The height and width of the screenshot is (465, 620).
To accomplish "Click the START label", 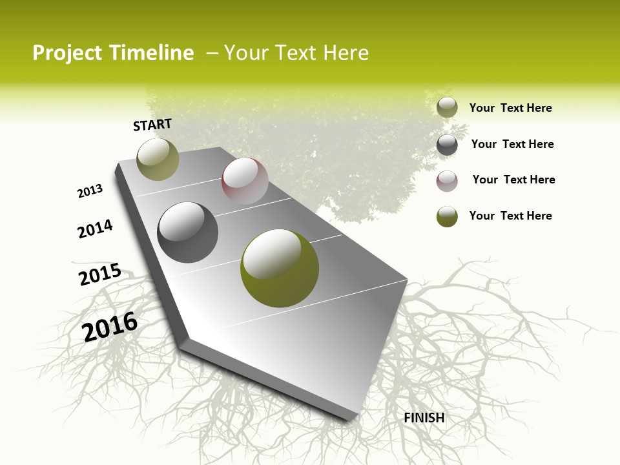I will pyautogui.click(x=152, y=125).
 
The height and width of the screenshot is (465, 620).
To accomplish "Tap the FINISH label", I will pyautogui.click(x=424, y=418).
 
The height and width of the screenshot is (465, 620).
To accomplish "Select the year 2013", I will pyautogui.click(x=90, y=191).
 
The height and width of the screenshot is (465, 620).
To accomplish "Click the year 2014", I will pyautogui.click(x=95, y=229).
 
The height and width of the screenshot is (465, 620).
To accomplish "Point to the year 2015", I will pyautogui.click(x=100, y=274).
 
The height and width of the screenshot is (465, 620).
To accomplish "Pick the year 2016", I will pyautogui.click(x=110, y=326).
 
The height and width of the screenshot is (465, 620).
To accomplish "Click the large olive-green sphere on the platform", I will pyautogui.click(x=280, y=268).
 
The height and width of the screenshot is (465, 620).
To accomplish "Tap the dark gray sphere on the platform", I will pyautogui.click(x=188, y=232).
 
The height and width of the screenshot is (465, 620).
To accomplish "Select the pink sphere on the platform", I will pyautogui.click(x=245, y=181).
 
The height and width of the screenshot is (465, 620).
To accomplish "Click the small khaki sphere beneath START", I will pyautogui.click(x=158, y=159).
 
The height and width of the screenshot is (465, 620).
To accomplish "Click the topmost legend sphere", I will pyautogui.click(x=447, y=108).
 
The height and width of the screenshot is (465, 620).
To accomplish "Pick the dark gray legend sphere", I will pyautogui.click(x=447, y=145).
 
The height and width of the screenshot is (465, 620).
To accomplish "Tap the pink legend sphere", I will pyautogui.click(x=447, y=181).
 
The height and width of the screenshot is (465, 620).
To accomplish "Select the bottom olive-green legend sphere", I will pyautogui.click(x=447, y=216).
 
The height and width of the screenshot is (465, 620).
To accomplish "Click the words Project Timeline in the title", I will pyautogui.click(x=113, y=53).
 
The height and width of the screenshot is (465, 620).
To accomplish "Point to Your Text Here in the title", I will pyautogui.click(x=296, y=53).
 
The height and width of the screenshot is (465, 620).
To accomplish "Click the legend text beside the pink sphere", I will pyautogui.click(x=513, y=180).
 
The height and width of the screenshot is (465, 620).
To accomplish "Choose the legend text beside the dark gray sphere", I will pyautogui.click(x=512, y=144).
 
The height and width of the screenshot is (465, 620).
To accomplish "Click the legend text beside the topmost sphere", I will pyautogui.click(x=510, y=108).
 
